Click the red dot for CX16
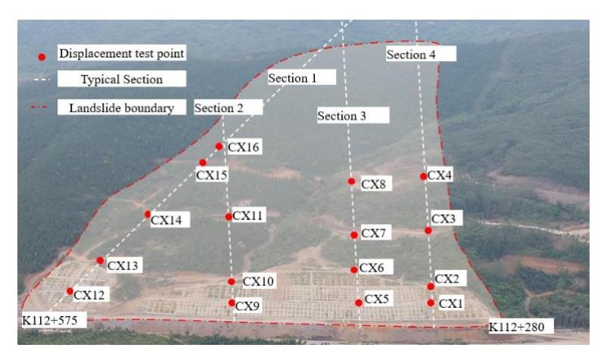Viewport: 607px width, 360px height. click(x=219, y=147)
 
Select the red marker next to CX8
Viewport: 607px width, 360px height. click(x=351, y=182)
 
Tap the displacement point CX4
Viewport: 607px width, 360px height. click(x=424, y=176)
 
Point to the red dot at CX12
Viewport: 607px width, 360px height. click(x=70, y=290)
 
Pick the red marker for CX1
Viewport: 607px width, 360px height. click(x=431, y=303)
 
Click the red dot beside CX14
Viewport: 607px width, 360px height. click(x=148, y=214)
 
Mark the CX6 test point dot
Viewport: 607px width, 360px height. click(x=354, y=269)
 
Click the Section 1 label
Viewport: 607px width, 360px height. click(x=292, y=78)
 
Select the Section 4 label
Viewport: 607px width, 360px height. click(x=411, y=54)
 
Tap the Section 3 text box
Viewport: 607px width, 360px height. click(x=341, y=116)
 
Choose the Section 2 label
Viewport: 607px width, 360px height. click(x=219, y=108)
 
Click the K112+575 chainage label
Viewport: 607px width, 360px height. click(x=49, y=320)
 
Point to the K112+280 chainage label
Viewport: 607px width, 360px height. click(x=517, y=327)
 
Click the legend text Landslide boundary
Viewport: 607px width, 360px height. click(x=122, y=108)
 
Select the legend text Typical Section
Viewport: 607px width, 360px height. click(x=122, y=79)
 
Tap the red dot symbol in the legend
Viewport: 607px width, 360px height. click(x=42, y=57)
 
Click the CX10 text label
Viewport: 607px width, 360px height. click(x=258, y=281)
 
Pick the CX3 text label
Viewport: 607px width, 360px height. click(x=444, y=219)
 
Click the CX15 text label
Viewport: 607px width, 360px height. click(x=211, y=175)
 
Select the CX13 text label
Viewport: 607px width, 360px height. click(x=123, y=265)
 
